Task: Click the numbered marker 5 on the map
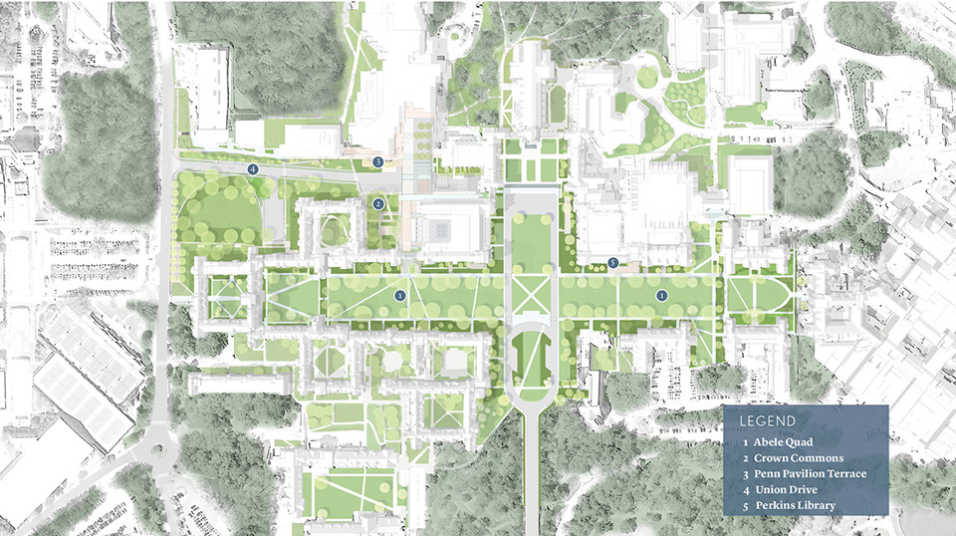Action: [613, 263]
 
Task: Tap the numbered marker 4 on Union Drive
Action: [253, 169]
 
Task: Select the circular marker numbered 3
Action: [377, 160]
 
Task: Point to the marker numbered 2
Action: [378, 203]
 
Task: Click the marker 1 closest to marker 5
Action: [660, 295]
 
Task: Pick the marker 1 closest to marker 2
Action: [399, 295]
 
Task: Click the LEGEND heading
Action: [767, 421]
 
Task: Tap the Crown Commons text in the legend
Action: [799, 458]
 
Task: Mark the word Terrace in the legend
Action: [844, 473]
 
